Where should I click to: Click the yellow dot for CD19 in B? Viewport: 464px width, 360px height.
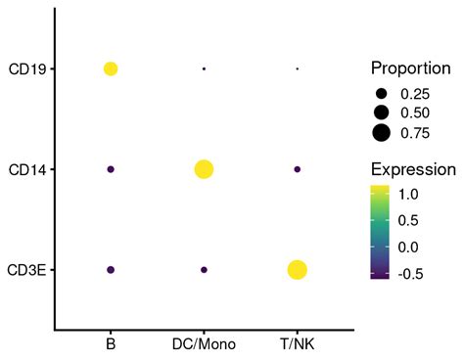pyautogui.click(x=111, y=68)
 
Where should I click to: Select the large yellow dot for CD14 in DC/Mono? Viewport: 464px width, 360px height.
pyautogui.click(x=204, y=169)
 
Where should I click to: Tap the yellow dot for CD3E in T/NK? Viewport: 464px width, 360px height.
pyautogui.click(x=297, y=269)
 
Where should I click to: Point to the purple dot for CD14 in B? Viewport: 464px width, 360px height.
pyautogui.click(x=111, y=169)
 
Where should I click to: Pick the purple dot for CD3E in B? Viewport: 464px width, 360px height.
pyautogui.click(x=111, y=269)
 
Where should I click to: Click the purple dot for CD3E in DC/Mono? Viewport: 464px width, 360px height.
pyautogui.click(x=204, y=269)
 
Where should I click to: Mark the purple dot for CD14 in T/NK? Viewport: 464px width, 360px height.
pyautogui.click(x=297, y=169)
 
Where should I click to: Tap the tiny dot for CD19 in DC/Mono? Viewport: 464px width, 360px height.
pyautogui.click(x=204, y=68)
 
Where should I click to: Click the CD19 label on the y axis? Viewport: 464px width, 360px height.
pyautogui.click(x=26, y=69)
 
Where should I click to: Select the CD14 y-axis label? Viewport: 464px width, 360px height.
pyautogui.click(x=26, y=169)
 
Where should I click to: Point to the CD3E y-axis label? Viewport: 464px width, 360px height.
pyautogui.click(x=26, y=270)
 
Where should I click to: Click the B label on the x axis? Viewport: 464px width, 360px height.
pyautogui.click(x=111, y=345)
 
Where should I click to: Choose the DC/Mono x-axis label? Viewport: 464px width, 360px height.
pyautogui.click(x=204, y=345)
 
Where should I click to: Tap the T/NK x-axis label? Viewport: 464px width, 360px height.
pyautogui.click(x=297, y=345)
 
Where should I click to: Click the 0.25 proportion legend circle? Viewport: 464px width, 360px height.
pyautogui.click(x=381, y=94)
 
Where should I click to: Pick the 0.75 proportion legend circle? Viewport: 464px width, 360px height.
pyautogui.click(x=381, y=133)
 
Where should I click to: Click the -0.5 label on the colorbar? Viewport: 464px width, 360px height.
pyautogui.click(x=411, y=274)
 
